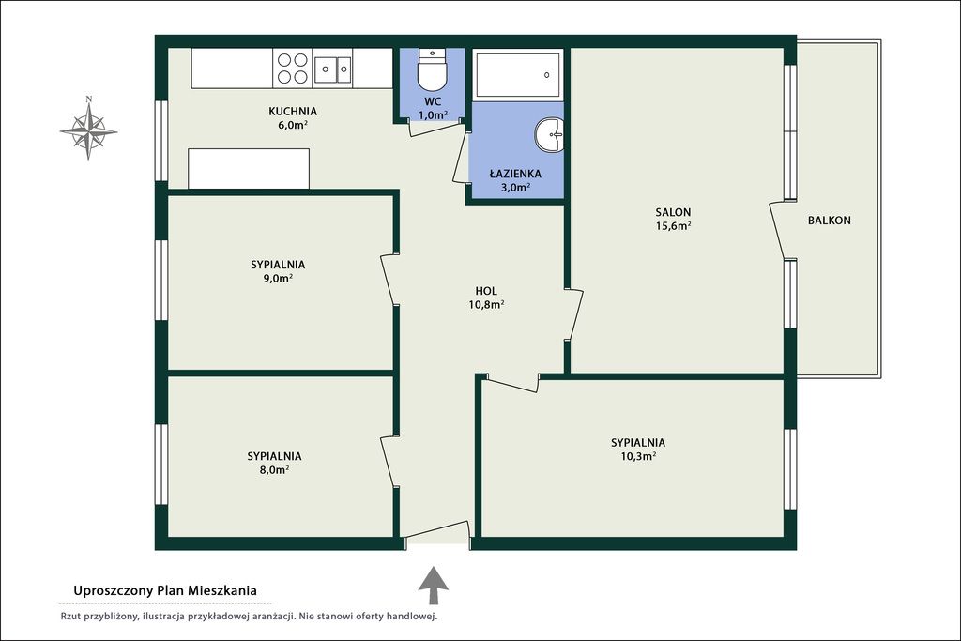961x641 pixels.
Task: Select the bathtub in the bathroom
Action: pos(518,75)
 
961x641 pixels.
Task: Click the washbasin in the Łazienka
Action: pos(549,135)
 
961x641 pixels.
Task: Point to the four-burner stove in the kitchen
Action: pos(293,68)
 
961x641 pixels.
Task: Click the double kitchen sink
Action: pos(333,69)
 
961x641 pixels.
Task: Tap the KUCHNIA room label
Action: pos(293,111)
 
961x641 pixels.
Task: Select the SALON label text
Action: pos(673,212)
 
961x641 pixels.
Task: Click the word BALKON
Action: pos(830,221)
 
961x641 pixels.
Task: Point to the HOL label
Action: pos(486,291)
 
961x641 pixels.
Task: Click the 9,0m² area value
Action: pos(278,278)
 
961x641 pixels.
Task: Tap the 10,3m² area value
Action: pos(638,456)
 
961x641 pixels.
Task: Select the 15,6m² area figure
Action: pos(673,225)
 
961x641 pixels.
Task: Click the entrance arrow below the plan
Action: pos(434,586)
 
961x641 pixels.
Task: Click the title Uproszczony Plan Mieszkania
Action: pos(165,590)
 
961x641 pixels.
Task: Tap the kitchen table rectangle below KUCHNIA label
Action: pos(249,169)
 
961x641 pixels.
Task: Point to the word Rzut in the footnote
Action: pos(69,617)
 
